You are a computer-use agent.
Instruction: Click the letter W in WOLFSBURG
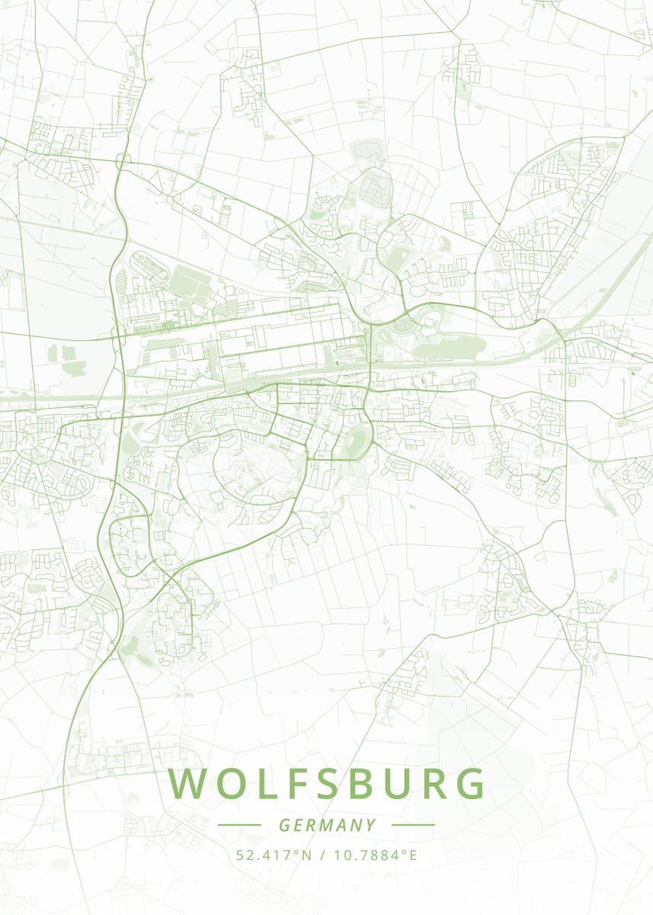(187, 784)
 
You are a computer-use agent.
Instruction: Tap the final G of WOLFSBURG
(472, 784)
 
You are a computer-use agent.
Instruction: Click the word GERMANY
(327, 825)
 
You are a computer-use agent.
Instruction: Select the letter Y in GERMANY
(371, 825)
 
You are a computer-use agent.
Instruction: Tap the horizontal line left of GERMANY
(239, 825)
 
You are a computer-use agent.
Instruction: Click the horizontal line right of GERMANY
(413, 825)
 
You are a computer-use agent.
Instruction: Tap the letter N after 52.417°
(307, 855)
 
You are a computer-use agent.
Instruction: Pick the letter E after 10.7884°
(413, 855)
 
